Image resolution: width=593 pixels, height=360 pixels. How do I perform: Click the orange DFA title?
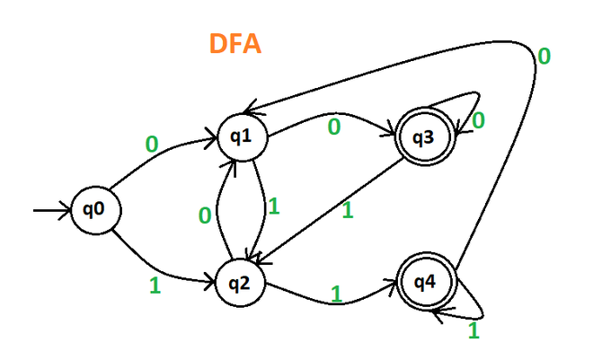pyautogui.click(x=235, y=42)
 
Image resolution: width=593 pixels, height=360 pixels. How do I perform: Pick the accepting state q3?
pyautogui.click(x=424, y=137)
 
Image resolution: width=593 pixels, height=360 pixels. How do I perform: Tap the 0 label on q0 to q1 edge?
pyautogui.click(x=150, y=144)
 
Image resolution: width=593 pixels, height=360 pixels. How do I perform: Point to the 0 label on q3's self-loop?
pyautogui.click(x=479, y=119)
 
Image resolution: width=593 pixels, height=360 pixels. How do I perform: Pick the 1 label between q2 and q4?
pyautogui.click(x=338, y=294)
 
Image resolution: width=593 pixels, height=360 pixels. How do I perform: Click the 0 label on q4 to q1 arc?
pyautogui.click(x=543, y=57)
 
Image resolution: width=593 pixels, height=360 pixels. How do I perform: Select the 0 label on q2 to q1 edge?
pyautogui.click(x=205, y=215)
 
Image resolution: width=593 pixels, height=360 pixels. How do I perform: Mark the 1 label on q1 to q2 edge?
pyautogui.click(x=273, y=206)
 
